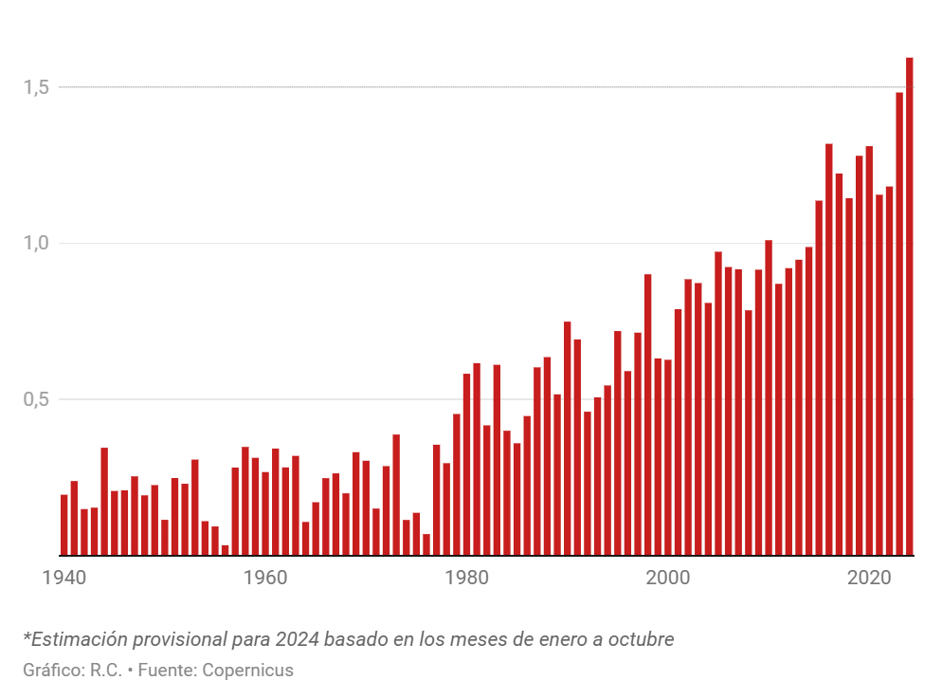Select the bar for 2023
point(899,323)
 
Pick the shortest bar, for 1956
point(225,550)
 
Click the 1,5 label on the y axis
point(36,87)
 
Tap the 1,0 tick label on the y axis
point(36,243)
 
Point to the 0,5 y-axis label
point(36,399)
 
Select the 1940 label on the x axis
point(64,577)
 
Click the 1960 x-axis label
point(265,577)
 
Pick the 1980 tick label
point(466,577)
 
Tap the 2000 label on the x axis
point(668,577)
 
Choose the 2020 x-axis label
point(869,577)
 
